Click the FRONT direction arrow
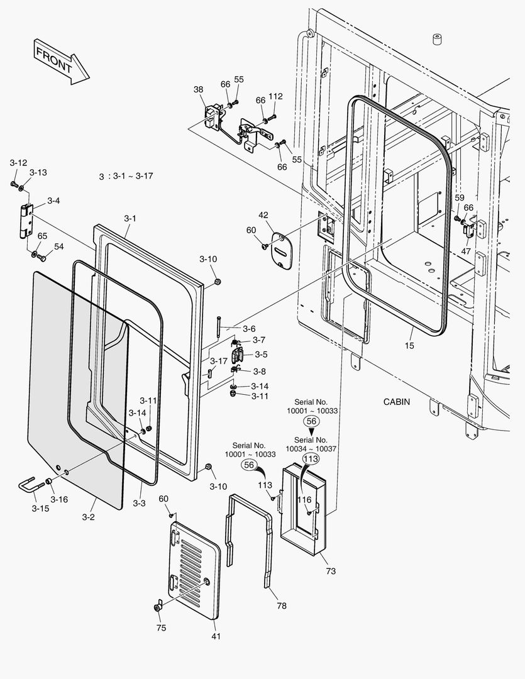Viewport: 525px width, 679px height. [x=62, y=60]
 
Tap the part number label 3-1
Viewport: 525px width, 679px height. [x=130, y=218]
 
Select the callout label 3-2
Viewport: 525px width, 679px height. [x=88, y=517]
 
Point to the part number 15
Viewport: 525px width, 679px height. [x=409, y=345]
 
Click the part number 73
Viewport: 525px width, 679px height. [x=331, y=571]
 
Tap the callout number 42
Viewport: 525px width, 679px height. [x=263, y=215]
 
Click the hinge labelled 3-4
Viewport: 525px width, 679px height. [x=26, y=219]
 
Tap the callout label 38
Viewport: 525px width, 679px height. [x=198, y=90]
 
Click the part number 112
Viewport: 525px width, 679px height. [x=275, y=96]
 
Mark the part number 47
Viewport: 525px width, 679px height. [x=466, y=251]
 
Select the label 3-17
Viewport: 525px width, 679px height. [x=218, y=361]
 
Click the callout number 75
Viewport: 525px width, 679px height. [x=161, y=627]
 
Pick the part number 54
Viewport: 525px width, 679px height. [x=58, y=246]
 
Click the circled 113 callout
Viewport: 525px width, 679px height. [x=311, y=459]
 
